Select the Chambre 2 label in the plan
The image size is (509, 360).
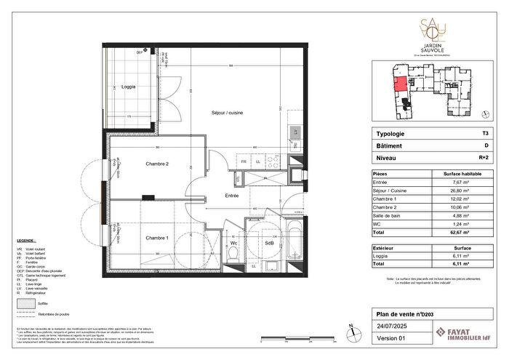tap(157, 164)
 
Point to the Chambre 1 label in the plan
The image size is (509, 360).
tap(156, 238)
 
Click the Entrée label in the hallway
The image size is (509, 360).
tap(231, 196)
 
